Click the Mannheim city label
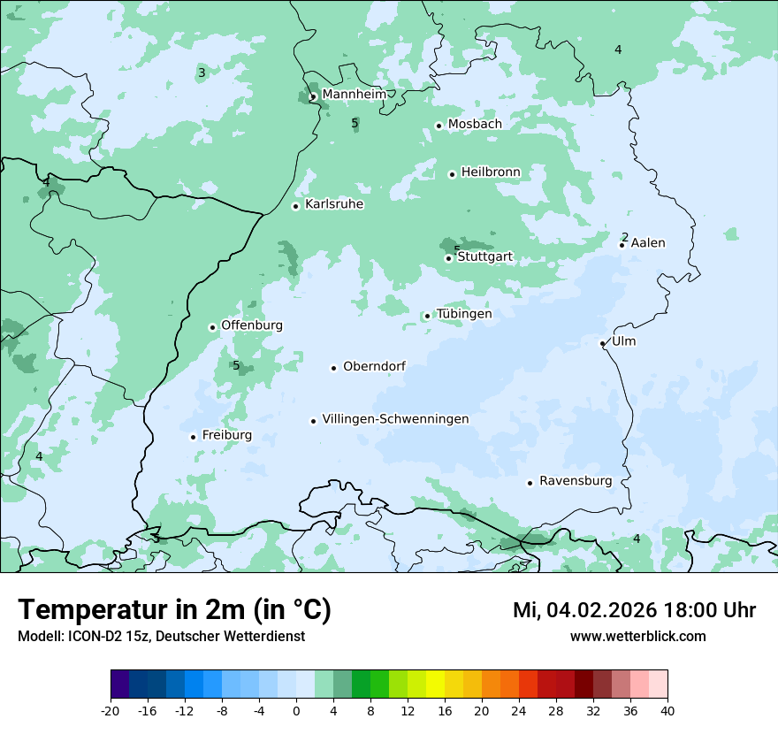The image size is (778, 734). coord(353,94)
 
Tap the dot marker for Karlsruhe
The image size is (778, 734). coord(296,206)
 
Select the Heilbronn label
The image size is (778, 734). coord(491,172)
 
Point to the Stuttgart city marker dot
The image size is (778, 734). coord(448,258)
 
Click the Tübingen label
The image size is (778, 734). coord(464,314)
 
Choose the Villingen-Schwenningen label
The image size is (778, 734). coord(395,419)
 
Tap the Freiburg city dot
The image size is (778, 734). coord(193,437)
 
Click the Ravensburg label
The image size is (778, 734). coord(575,481)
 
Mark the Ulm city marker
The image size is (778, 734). coord(602,343)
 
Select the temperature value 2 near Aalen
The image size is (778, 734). coord(625,237)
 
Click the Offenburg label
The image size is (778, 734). coord(252,325)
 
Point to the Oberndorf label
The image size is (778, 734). coord(374,366)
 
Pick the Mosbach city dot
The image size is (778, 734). coord(439,126)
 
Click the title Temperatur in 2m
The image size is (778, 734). coord(174,610)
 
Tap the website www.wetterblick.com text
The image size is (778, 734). coord(637,636)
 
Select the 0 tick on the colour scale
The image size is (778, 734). coord(296,710)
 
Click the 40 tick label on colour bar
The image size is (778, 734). coord(667,710)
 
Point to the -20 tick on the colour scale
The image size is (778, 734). coord(111,710)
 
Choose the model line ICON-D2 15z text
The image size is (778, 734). coord(161,636)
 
